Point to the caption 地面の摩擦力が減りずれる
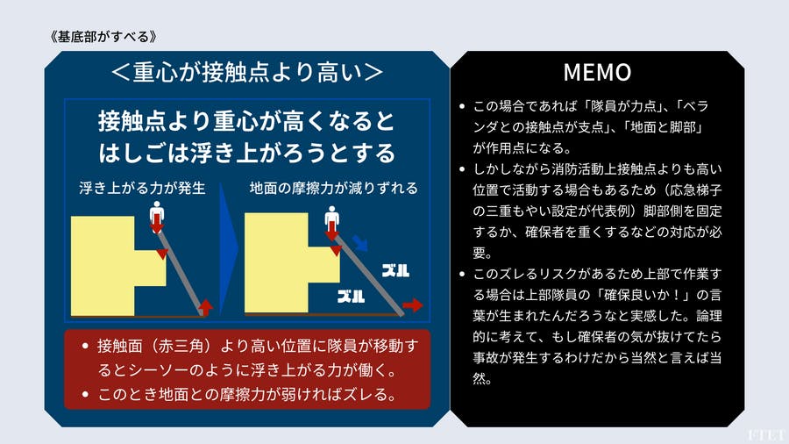pos(333,188)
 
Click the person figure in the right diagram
pos(331,215)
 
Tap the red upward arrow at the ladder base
pos(207,305)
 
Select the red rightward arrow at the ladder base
pos(412,305)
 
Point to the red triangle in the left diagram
pos(161,254)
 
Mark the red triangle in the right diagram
pos(335,250)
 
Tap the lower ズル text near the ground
pos(352,296)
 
